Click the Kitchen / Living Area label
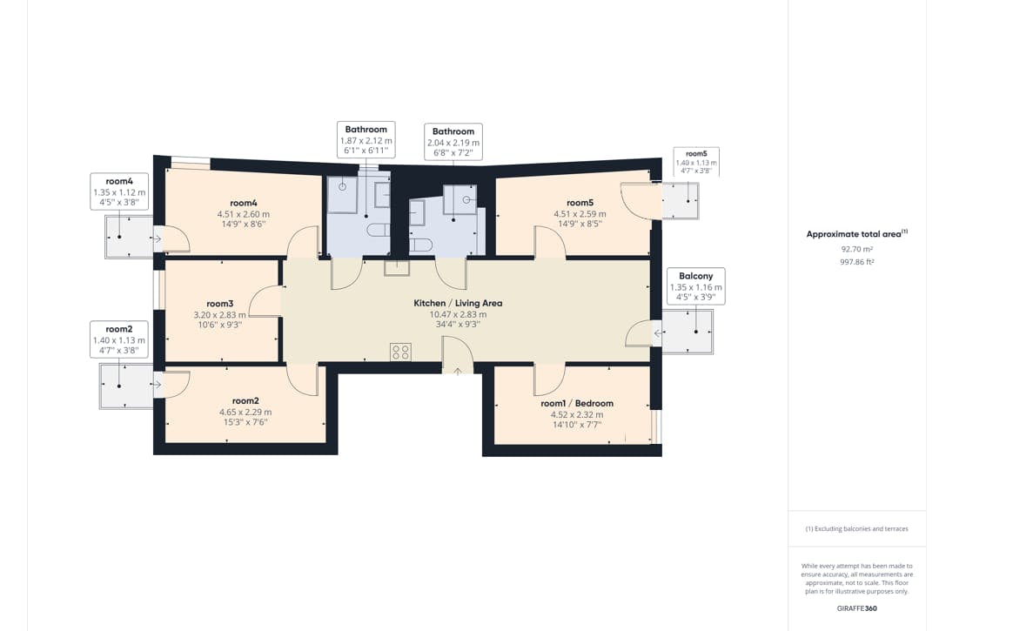pos(458,303)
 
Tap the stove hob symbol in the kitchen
pos(400,352)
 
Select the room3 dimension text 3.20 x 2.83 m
pos(219,315)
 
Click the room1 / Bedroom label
pos(577,403)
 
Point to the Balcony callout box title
pos(695,276)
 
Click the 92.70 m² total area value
pos(856,249)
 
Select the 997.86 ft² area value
pos(856,261)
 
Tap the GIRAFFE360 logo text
pos(856,608)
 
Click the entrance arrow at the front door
pos(457,373)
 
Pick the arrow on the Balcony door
pos(658,334)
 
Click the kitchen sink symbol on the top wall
pos(397,266)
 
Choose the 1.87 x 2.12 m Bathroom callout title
pos(366,129)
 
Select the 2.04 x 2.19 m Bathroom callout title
pos(453,131)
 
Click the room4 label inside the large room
pos(243,203)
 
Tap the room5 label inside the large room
pos(580,203)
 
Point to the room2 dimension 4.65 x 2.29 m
pos(245,413)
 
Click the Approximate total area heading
pos(856,234)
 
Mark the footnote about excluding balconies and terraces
pos(856,529)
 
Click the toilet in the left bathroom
pos(379,230)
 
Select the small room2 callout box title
pos(118,329)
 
